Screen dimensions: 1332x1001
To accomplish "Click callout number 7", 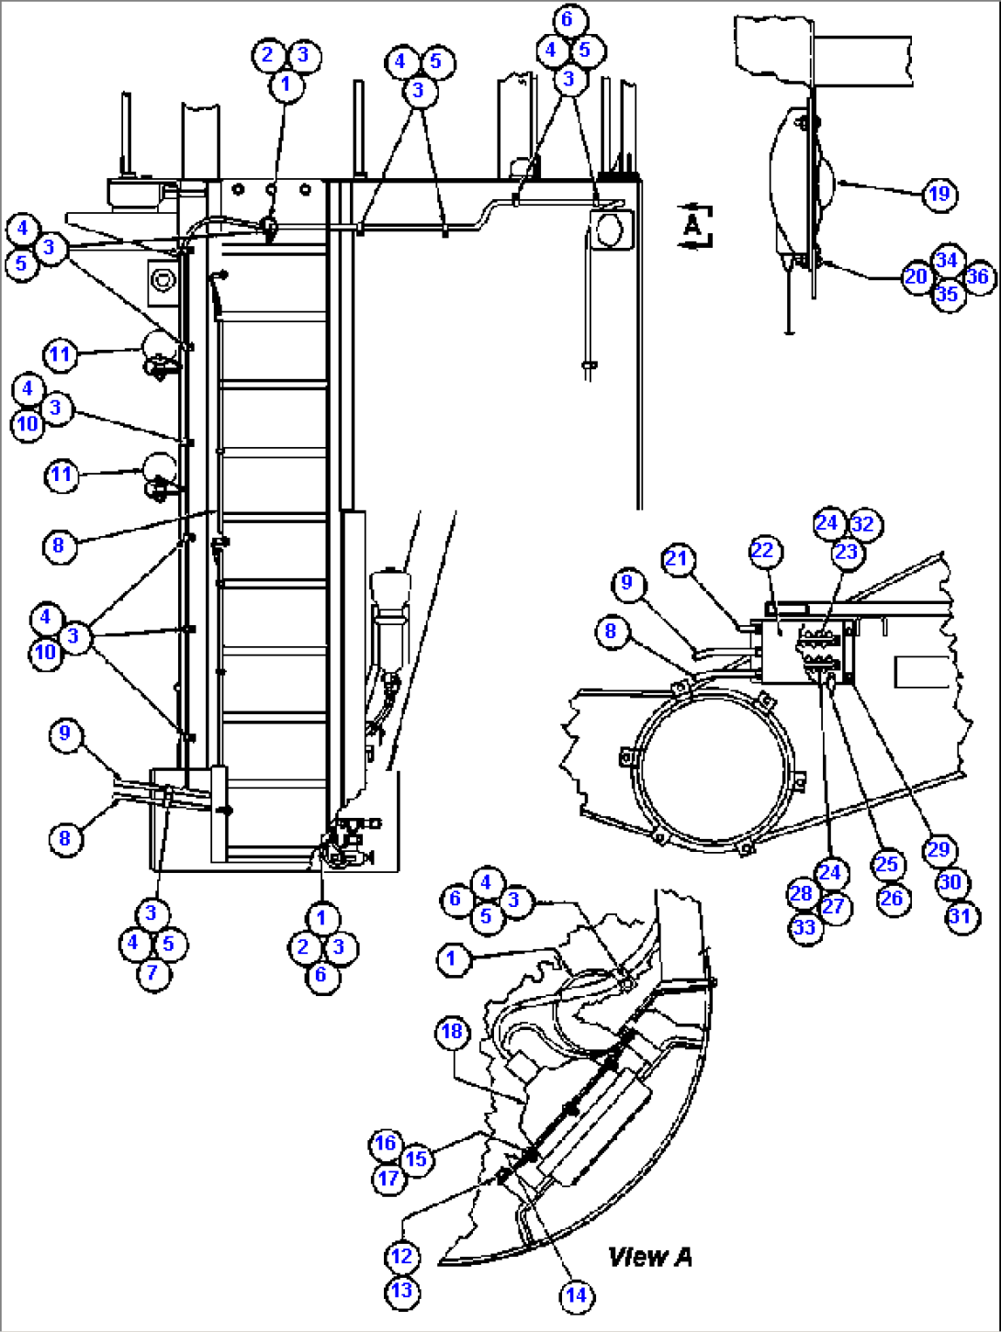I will [x=152, y=973].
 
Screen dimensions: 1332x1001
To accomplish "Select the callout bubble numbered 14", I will [x=576, y=1295].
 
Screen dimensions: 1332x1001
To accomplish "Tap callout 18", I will [x=451, y=1032].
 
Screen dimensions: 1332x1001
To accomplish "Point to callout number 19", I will [x=939, y=194].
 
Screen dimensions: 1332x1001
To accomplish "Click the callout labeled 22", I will [x=763, y=551].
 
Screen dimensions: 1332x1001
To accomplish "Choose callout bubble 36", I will [x=979, y=276].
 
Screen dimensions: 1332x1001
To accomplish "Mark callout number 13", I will [x=401, y=1291].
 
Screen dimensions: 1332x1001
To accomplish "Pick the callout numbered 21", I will [x=677, y=558].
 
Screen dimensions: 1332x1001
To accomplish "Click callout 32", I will [x=863, y=524].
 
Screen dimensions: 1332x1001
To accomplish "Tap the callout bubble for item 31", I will [x=962, y=916].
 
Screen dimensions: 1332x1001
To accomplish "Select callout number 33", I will [x=804, y=927].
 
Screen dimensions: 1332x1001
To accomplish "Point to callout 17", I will [x=389, y=1177].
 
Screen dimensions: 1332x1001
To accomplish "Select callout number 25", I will [x=887, y=865].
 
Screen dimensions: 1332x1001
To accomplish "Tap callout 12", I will [x=401, y=1257].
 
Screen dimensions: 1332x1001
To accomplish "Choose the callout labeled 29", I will [x=938, y=850].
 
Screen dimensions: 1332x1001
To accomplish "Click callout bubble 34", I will [x=947, y=261].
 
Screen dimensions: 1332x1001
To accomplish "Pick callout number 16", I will [x=385, y=1143].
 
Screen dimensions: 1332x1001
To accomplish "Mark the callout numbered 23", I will [x=846, y=553].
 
